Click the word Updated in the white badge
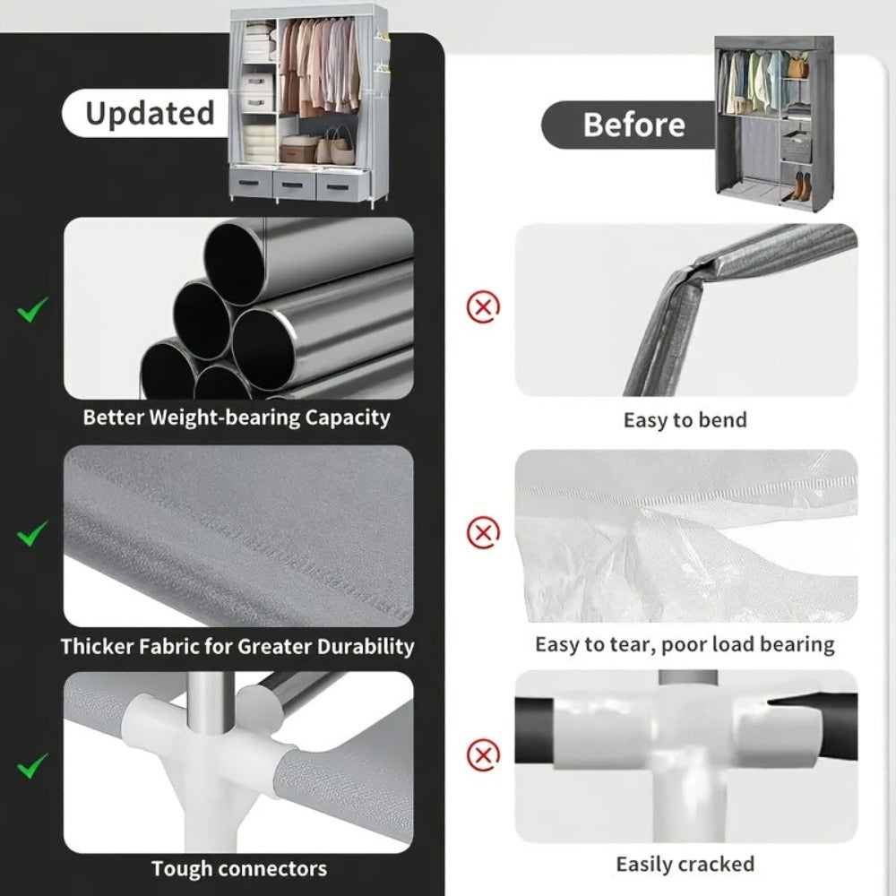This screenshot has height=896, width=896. pos(150,114)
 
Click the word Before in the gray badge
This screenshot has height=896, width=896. pos(633,125)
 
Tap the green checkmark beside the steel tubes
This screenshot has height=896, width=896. pos(32,310)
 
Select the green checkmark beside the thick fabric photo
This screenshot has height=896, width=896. pos(32,533)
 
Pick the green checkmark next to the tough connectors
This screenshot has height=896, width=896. pos(32,765)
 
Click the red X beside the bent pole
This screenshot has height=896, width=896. pos(484,307)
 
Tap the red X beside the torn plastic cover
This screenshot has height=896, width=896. pos(484,532)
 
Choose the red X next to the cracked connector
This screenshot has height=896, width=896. pos(484,754)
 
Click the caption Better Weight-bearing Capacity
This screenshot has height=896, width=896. pos(237,418)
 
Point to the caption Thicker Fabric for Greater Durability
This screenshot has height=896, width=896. pos(237,646)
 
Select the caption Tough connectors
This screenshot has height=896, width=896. pos(239,868)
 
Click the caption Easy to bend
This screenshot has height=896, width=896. pos(685,420)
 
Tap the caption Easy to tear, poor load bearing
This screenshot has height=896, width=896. pos(685,644)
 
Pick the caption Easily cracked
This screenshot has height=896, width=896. pos(685,864)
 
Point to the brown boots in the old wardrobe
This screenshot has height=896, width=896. pos(799,186)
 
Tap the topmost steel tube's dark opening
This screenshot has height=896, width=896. pos(234,264)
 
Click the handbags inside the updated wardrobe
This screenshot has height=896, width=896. pos(335,147)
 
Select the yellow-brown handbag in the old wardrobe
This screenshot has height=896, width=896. pos(798,67)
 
